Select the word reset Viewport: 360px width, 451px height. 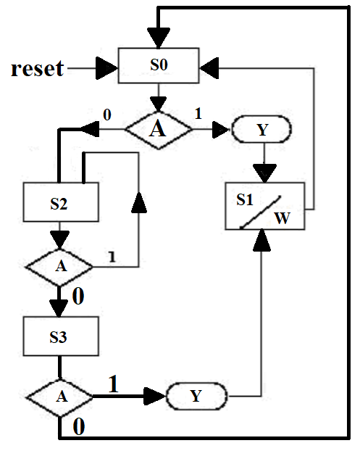[38, 69]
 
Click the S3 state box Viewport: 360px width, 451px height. [59, 337]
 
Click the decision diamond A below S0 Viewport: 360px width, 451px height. [159, 130]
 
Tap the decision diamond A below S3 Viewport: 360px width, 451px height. [59, 397]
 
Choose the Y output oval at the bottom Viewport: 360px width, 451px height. [196, 397]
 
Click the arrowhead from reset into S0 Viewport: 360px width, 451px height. [107, 69]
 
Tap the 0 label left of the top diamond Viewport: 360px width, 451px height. [106, 115]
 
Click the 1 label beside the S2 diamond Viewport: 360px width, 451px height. [112, 256]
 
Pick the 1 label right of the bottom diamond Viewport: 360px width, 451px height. [114, 384]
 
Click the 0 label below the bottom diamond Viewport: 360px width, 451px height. [79, 427]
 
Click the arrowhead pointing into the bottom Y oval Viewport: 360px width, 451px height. [155, 397]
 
